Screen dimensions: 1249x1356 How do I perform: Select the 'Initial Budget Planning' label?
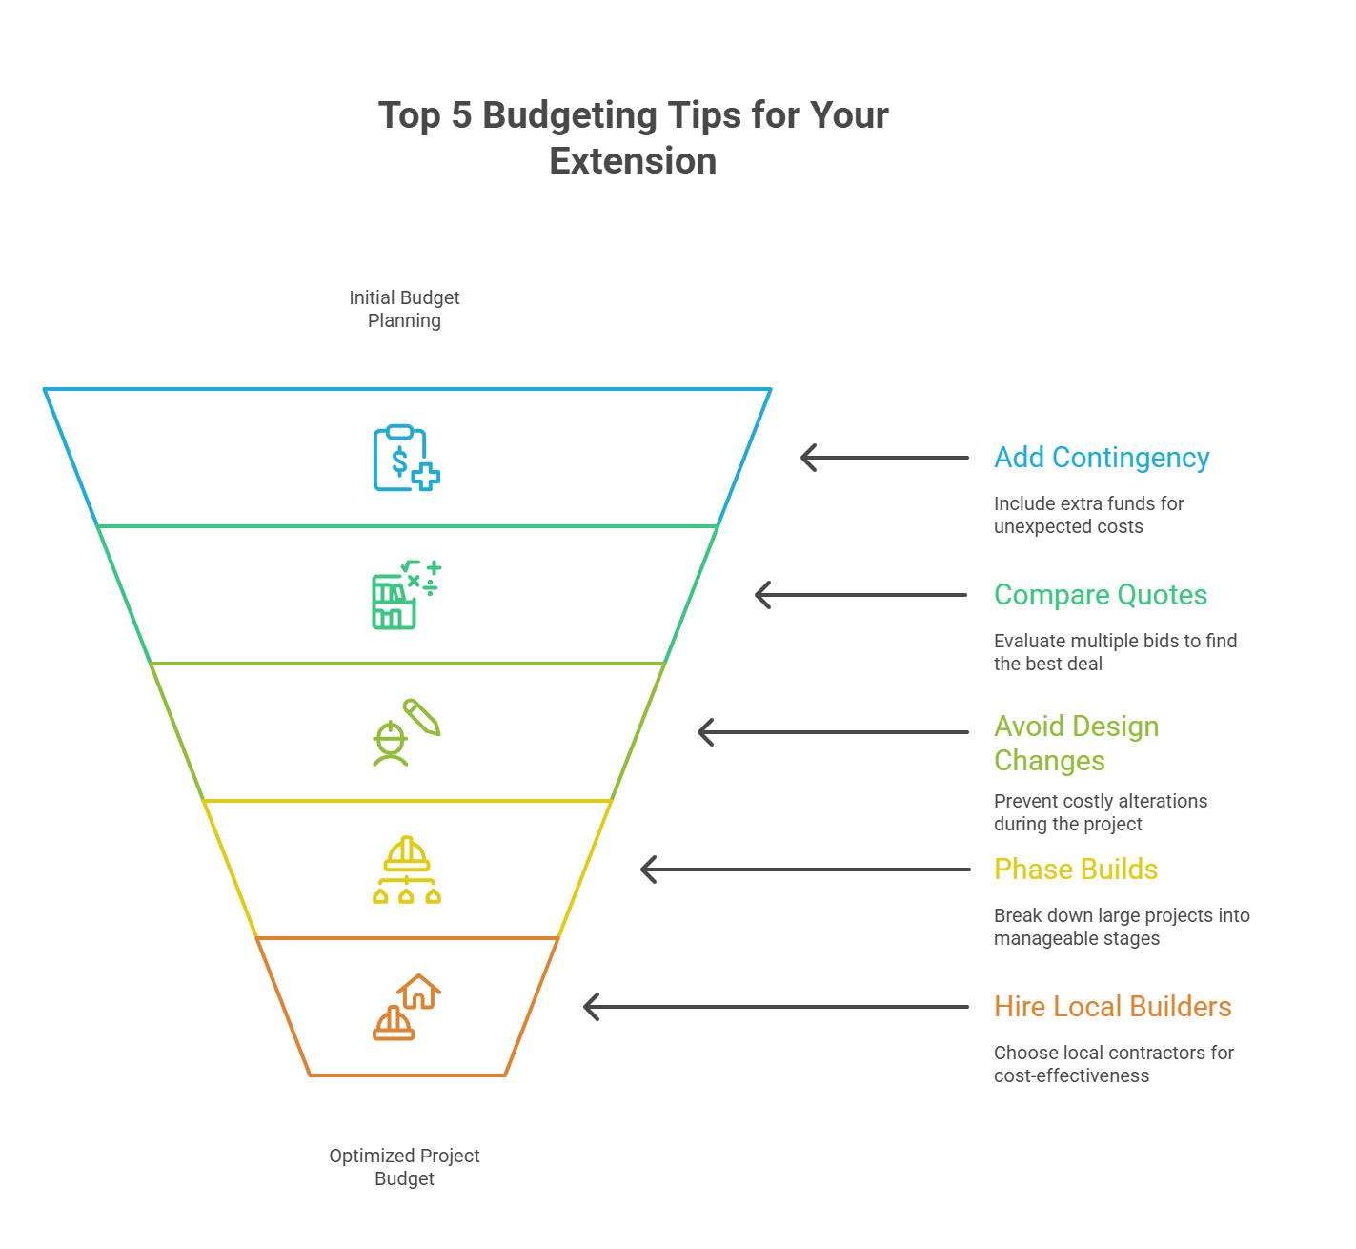click(x=404, y=309)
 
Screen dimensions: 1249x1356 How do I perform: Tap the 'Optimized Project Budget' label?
click(x=404, y=1167)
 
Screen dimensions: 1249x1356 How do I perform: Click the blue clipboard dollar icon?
click(x=406, y=459)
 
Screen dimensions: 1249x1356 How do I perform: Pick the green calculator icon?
click(x=406, y=595)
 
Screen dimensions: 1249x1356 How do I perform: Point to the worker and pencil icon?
click(x=406, y=732)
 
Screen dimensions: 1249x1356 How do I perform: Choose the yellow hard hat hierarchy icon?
click(x=406, y=870)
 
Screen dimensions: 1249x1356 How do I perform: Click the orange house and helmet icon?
click(x=406, y=1007)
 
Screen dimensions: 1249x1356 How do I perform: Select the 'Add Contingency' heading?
click(x=1102, y=458)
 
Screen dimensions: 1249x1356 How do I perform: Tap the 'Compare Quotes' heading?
click(x=1101, y=595)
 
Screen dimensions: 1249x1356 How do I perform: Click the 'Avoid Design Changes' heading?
click(x=1076, y=744)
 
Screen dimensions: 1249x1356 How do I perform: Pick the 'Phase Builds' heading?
click(x=1076, y=870)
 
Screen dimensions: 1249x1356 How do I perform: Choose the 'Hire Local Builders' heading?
click(x=1112, y=1007)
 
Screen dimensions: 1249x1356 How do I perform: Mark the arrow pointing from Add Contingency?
click(x=884, y=458)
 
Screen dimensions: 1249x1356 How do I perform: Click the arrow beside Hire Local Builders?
click(x=776, y=1007)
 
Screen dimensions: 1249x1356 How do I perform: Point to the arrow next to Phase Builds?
click(x=805, y=870)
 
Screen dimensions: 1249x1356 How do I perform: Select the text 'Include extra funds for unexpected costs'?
click(x=1088, y=515)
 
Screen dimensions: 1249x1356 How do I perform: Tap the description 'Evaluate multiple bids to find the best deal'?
click(x=1115, y=652)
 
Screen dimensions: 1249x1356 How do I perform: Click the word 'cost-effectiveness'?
click(x=1071, y=1076)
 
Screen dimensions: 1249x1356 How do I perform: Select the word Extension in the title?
click(x=633, y=161)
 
